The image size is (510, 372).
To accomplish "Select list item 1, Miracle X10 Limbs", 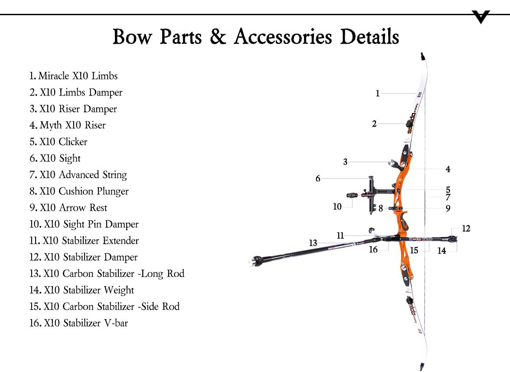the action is [74, 76].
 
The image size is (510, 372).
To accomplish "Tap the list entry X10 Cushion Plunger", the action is [79, 191].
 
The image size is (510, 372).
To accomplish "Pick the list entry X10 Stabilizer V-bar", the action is [79, 323].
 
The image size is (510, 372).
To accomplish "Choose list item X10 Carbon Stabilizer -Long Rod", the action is [107, 274].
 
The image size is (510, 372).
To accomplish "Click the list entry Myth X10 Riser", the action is [68, 125].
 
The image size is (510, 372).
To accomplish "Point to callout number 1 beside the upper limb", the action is [378, 94].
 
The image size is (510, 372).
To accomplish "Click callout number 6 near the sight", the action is [318, 178].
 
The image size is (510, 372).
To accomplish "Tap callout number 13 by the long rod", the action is [313, 243].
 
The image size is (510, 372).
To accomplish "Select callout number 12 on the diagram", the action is [466, 228].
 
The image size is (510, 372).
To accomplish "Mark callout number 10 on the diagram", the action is [337, 206].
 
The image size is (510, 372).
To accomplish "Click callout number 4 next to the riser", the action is [448, 169].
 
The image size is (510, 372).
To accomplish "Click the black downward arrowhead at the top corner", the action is [481, 16].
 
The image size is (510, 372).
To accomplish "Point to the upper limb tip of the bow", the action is [423, 56].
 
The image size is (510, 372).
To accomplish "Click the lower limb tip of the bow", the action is [422, 367].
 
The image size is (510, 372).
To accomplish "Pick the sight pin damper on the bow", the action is [352, 195].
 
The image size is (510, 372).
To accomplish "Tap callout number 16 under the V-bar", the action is [373, 249].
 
